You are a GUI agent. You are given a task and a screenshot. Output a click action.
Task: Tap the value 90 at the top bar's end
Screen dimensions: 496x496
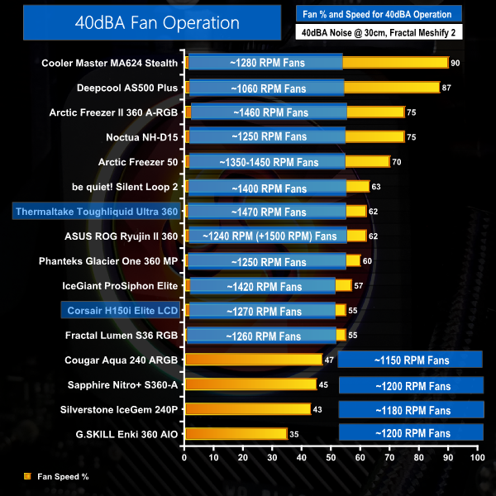pos(455,62)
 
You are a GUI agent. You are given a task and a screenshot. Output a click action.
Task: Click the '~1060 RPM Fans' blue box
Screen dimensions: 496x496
pos(266,87)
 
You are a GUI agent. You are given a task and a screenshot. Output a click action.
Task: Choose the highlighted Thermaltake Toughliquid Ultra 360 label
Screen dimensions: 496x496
pos(96,212)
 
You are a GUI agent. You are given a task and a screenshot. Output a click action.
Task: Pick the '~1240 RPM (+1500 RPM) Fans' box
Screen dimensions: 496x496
pos(269,236)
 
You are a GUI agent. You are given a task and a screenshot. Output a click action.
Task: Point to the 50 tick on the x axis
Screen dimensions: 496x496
pos(331,456)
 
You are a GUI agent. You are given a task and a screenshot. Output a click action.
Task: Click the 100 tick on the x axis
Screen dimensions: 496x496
pos(476,456)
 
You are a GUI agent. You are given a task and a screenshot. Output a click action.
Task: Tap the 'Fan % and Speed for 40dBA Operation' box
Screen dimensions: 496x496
pos(389,14)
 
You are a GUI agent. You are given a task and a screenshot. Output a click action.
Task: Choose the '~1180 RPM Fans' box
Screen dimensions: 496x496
pos(411,410)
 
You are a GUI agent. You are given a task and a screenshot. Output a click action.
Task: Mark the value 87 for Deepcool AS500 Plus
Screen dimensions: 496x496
pos(447,87)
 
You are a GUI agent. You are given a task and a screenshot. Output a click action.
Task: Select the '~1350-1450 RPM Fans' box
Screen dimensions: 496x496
pos(266,162)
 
